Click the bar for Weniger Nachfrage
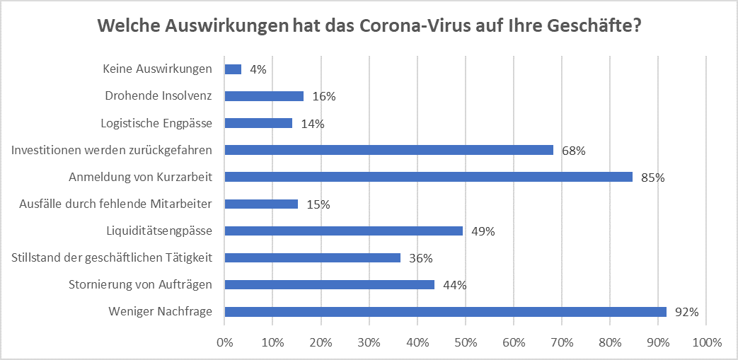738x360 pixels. (445, 311)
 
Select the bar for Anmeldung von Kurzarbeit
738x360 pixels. (428, 177)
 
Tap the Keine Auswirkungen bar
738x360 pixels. (233, 69)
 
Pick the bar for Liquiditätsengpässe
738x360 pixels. (343, 231)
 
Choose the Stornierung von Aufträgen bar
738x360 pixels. (329, 284)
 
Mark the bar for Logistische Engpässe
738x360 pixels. (258, 123)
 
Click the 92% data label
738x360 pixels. (686, 312)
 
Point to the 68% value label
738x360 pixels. (573, 151)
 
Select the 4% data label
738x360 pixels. (258, 70)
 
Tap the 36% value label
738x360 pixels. (420, 258)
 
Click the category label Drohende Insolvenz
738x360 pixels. (158, 95)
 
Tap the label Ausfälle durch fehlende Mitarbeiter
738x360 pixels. (116, 204)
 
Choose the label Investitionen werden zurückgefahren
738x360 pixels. (112, 150)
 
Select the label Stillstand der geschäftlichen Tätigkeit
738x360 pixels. (112, 257)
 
